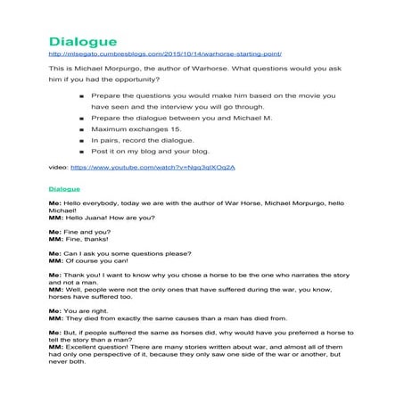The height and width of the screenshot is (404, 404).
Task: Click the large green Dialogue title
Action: (82, 42)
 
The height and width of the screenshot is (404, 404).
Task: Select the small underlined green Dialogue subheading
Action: (64, 189)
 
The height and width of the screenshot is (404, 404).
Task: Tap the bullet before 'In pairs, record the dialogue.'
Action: (81, 140)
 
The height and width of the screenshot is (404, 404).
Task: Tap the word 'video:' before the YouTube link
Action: (57, 167)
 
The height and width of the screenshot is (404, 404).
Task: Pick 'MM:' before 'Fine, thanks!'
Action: (55, 238)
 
